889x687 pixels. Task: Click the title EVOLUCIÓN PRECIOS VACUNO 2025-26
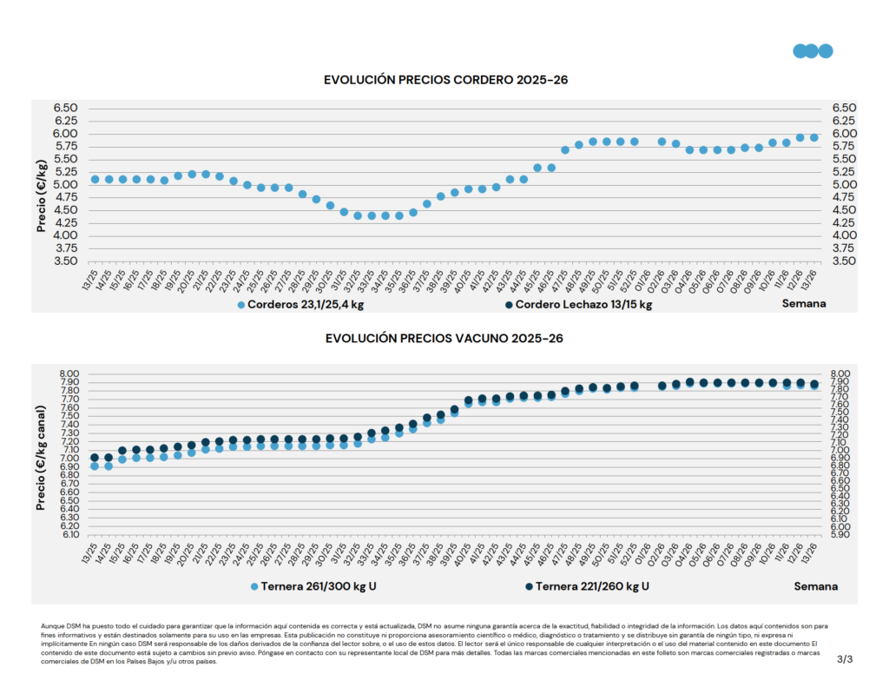(x=444, y=338)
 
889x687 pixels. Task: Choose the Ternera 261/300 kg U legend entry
(x=313, y=587)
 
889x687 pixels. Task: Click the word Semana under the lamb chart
(x=804, y=304)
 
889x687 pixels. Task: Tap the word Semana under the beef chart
(x=816, y=586)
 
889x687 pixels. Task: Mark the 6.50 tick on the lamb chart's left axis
(x=66, y=108)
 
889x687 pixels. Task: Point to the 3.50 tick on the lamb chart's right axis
(x=844, y=261)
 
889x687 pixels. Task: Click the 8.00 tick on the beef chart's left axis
(x=68, y=373)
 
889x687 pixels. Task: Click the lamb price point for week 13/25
(x=95, y=179)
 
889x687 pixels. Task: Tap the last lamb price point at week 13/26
(x=814, y=137)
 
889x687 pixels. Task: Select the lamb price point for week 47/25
(x=565, y=149)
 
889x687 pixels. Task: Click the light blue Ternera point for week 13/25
(x=95, y=466)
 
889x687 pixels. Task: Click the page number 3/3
(x=845, y=660)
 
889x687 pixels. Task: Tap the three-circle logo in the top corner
(x=813, y=50)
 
